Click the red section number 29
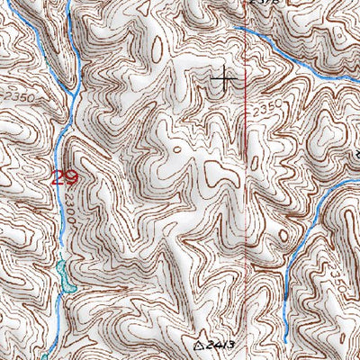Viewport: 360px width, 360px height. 64,177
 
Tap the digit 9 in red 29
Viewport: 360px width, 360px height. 69,177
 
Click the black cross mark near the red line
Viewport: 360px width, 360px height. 224,81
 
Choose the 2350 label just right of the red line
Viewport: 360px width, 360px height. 265,109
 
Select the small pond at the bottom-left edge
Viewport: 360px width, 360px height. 44,354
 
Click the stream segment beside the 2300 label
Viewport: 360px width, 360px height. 60,216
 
